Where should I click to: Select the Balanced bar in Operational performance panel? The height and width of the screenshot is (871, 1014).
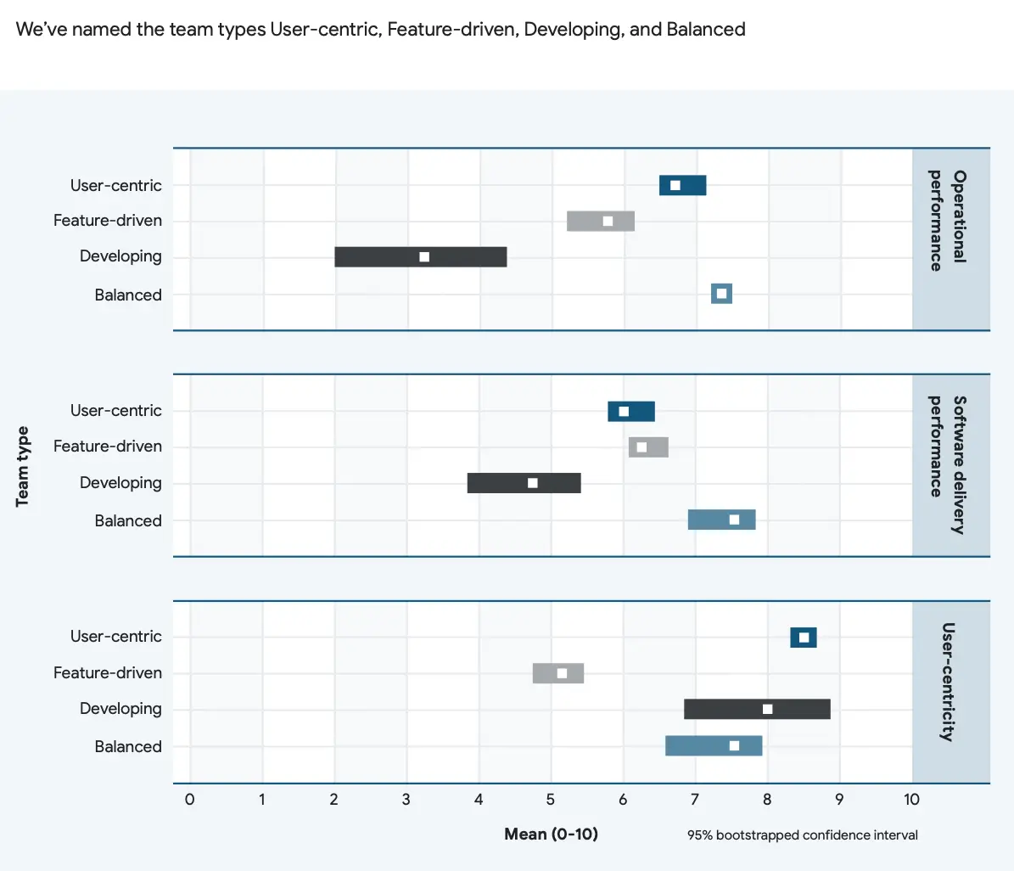721,294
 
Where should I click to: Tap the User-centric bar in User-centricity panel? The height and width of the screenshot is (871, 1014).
803,638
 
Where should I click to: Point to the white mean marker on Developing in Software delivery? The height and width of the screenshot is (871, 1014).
533,483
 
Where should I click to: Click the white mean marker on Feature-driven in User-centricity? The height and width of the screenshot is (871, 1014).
562,673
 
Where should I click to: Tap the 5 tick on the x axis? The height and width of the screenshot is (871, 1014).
551,799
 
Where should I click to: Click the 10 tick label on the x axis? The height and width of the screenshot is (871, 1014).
911,799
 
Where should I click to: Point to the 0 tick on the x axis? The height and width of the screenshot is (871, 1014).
189,799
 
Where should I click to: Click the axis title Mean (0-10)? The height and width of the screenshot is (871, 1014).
551,834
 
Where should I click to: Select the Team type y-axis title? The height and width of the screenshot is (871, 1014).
23,466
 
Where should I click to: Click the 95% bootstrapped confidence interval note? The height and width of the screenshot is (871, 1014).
802,835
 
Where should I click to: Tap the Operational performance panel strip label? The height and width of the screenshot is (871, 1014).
948,221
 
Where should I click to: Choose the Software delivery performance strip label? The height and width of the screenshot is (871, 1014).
948,464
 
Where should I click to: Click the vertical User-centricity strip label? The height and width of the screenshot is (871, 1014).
948,682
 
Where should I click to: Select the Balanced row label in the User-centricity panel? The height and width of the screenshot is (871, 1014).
128,746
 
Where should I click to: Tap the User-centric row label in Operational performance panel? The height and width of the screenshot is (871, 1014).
115,185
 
